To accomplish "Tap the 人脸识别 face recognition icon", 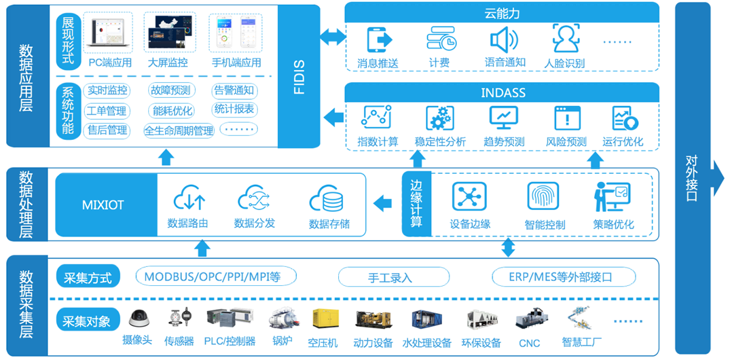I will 565,38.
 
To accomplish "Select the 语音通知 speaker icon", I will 504,40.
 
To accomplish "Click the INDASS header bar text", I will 502,93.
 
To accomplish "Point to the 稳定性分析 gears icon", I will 440,118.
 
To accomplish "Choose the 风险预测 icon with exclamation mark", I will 566,118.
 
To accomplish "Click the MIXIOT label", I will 103,205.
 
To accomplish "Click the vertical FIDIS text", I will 299,77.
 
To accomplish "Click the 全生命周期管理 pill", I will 178,130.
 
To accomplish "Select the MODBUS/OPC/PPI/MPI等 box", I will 212,277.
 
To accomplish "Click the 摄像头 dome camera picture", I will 139,319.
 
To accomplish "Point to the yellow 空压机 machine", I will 323,320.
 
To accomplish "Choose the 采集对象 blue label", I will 87,320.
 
